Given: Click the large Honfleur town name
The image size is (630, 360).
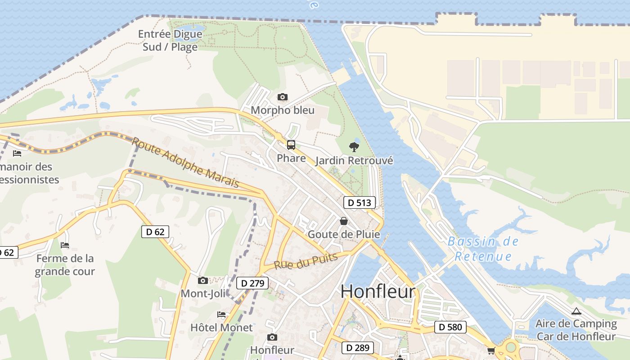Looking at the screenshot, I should [378, 291].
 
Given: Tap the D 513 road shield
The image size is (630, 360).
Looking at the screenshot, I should [360, 202].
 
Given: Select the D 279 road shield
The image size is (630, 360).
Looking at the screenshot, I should [252, 283].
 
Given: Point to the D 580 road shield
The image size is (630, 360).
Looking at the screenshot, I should [450, 327].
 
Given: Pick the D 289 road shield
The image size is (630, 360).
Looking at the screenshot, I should [357, 347].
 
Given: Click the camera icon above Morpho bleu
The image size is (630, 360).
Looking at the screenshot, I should [283, 97].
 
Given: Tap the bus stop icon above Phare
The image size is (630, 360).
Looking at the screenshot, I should [291, 145].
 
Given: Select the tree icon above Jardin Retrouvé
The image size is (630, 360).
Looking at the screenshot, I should [354, 147].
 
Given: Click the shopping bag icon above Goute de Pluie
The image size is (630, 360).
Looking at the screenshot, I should [344, 221].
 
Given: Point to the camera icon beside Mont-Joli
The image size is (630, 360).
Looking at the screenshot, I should [203, 281].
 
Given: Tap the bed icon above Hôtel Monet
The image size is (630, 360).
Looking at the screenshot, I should [221, 314].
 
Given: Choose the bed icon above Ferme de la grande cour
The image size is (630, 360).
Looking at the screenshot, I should [65, 245].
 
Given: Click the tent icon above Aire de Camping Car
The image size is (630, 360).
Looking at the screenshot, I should [576, 311].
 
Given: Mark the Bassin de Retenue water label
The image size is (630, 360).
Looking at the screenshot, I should [483, 249].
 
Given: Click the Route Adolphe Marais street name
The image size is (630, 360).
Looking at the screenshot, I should [185, 162].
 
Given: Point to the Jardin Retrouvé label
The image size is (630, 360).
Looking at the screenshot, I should [354, 161].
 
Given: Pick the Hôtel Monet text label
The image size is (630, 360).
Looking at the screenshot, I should [221, 327].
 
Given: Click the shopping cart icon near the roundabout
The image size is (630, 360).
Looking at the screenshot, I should [490, 351].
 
